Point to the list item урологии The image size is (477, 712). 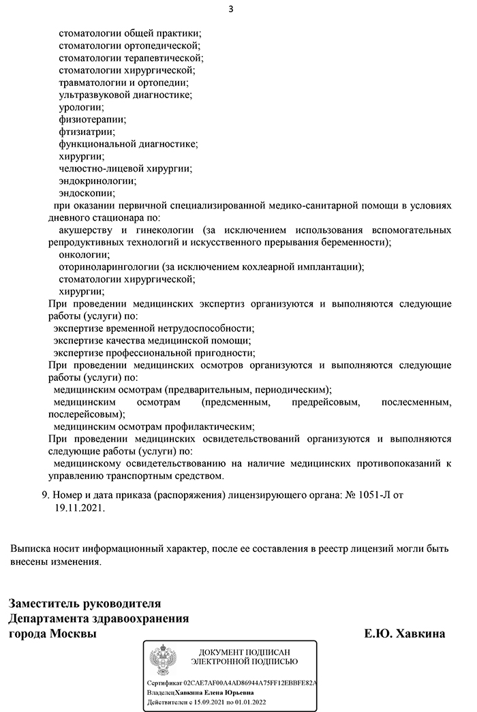pos(81,107)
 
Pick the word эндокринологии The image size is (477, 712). pos(97,181)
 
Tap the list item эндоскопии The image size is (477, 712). pos(87,193)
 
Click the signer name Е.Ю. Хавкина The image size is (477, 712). pos(405,634)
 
